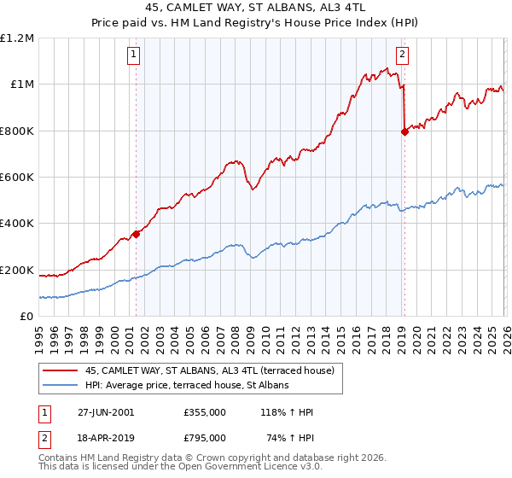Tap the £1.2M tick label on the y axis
(17, 38)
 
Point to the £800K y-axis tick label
(17, 131)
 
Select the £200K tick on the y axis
(17, 271)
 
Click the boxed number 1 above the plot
(135, 56)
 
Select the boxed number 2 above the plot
(402, 56)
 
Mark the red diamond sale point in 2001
(136, 234)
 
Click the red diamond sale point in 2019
(404, 131)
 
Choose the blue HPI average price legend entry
(187, 386)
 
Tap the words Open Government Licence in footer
(220, 468)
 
